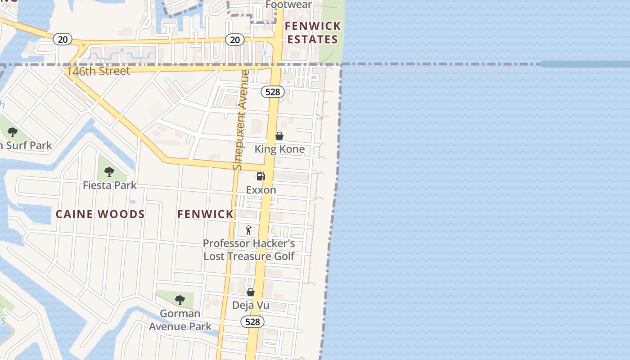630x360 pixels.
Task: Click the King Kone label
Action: [279, 149]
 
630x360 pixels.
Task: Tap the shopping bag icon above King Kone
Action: [279, 136]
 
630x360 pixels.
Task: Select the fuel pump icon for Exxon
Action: [261, 176]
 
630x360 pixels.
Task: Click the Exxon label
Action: [261, 190]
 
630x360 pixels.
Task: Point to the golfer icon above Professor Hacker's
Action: [248, 230]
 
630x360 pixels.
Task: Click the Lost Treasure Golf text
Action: [249, 256]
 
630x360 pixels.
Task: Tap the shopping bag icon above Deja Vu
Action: [251, 292]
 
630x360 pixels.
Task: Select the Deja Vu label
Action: [251, 305]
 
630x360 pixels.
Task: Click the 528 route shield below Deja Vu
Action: [252, 322]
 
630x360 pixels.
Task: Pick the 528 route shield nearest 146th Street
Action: [272, 92]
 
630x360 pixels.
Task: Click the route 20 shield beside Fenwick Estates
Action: [234, 40]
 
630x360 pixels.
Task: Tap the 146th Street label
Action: [98, 71]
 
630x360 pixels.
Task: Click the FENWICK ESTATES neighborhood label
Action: [313, 33]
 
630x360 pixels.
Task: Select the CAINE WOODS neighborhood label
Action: [100, 214]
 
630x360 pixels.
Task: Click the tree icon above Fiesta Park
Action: [109, 172]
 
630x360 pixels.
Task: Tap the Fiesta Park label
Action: [110, 185]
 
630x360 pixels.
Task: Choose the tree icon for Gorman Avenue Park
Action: [180, 300]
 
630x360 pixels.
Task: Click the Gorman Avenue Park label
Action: [180, 320]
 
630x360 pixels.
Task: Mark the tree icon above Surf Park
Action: [13, 132]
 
